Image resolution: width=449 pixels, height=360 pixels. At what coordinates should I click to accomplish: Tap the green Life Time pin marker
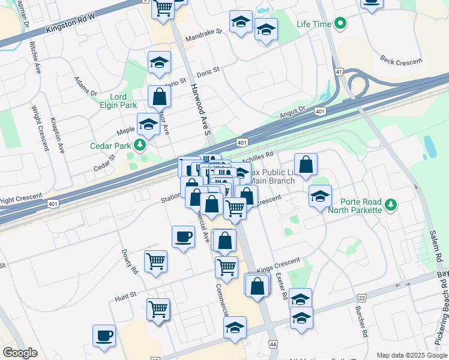pos(341,25)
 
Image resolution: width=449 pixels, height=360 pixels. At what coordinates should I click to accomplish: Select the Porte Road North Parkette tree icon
pos(391,205)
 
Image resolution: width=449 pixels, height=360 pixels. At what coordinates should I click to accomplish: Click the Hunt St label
pos(126,296)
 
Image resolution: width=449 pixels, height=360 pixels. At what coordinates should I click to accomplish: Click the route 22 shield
pos(361,298)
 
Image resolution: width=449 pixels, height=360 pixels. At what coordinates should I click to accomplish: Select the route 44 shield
pos(273,344)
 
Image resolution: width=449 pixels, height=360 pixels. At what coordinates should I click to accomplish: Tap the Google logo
pos(20,353)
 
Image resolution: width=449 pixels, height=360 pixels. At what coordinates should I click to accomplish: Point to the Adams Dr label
pos(85,86)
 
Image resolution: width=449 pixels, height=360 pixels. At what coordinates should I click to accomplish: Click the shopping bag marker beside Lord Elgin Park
pos(159,96)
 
